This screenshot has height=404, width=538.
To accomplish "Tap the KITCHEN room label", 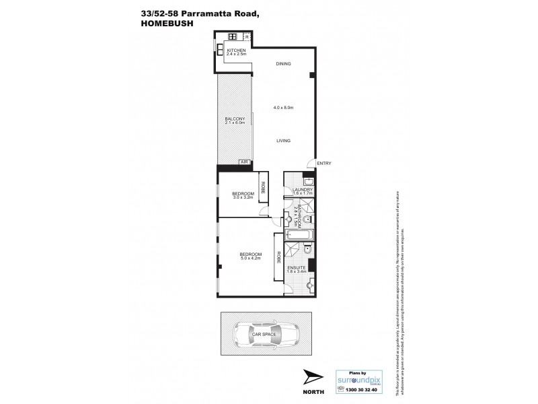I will [x=235, y=51].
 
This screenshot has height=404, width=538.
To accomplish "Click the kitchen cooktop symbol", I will [x=233, y=36].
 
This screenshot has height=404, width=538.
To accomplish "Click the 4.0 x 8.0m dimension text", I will [x=284, y=108].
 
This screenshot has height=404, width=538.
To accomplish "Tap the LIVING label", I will [x=283, y=141].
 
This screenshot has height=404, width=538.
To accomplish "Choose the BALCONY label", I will [x=234, y=119].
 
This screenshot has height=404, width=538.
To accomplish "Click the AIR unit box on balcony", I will [x=244, y=163].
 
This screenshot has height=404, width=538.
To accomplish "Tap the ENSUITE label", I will [x=296, y=267].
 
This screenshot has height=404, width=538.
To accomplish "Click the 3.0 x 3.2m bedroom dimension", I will [x=241, y=197].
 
